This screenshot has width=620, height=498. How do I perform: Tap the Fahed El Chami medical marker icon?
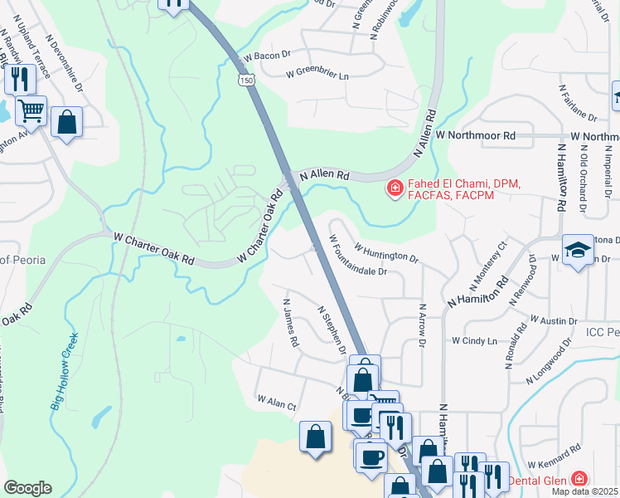click(395, 189)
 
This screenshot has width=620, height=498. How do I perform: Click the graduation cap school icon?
click(577, 249)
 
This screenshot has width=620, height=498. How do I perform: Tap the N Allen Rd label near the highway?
click(326, 176)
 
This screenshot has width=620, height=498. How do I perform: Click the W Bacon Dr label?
click(266, 56)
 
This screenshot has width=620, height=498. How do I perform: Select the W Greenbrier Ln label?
click(317, 74)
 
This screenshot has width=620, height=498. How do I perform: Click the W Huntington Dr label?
click(386, 251)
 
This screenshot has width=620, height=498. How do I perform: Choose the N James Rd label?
click(290, 323)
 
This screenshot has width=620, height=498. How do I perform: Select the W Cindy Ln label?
click(474, 340)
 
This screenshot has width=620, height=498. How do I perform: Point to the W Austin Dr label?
click(553, 320)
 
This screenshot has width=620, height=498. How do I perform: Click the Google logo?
click(27, 488)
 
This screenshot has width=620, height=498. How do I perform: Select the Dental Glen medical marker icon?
click(578, 481)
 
